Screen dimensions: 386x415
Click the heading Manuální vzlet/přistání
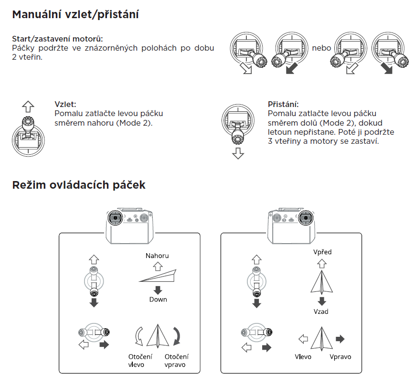(x=75, y=14)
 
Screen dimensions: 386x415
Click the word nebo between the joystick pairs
(x=321, y=48)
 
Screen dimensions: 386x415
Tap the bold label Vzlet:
(x=65, y=104)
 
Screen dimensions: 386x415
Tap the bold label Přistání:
(x=283, y=104)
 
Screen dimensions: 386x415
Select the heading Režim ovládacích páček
(x=79, y=185)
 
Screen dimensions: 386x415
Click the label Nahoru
(x=157, y=256)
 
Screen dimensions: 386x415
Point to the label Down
(x=158, y=299)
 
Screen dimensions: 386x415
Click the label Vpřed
(x=322, y=252)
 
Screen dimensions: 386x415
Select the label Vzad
(x=321, y=311)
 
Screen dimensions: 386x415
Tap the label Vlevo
(x=303, y=357)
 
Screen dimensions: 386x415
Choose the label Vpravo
(x=340, y=357)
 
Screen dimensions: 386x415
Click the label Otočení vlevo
(x=139, y=361)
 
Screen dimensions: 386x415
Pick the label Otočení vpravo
(x=176, y=361)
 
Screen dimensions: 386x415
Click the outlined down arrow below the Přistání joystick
(x=237, y=154)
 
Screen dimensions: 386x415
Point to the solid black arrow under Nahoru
(x=158, y=289)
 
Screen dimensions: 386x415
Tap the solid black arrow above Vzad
(x=322, y=301)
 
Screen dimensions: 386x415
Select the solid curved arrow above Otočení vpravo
(x=177, y=336)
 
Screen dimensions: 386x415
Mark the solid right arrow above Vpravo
(x=340, y=339)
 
